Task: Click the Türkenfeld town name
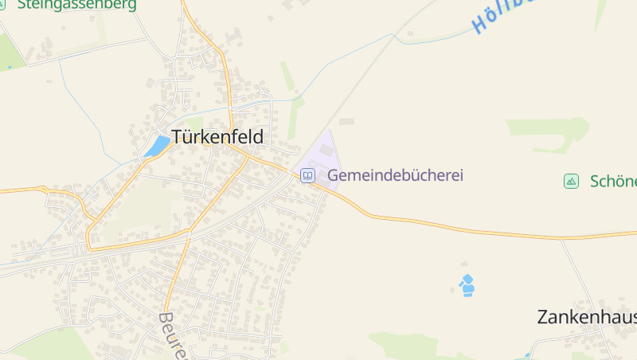pos(217,136)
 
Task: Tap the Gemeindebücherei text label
pos(395,175)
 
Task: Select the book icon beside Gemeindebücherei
pos(307,175)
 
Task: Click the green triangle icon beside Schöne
pos(571,181)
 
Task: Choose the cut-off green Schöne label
pos(613,181)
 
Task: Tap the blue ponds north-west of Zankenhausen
pos(467,285)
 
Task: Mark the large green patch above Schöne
pos(549,131)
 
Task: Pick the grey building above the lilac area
pos(346,122)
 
